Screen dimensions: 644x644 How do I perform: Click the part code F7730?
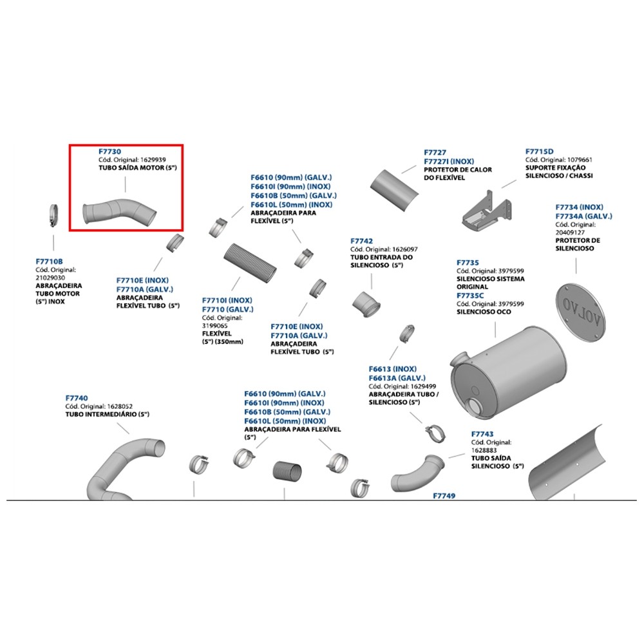click(x=109, y=151)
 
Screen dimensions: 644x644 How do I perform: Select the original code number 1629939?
click(x=153, y=160)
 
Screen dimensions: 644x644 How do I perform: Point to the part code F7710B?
click(x=50, y=261)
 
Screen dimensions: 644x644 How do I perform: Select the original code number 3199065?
click(x=215, y=326)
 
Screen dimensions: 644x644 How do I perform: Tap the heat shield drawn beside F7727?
click(x=394, y=191)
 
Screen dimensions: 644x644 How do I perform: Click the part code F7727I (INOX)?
click(x=449, y=162)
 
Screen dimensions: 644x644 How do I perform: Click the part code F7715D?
click(x=539, y=151)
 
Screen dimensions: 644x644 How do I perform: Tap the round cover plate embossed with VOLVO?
click(x=580, y=313)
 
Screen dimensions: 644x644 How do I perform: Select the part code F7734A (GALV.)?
click(x=583, y=216)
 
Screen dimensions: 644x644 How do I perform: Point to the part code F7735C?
click(x=470, y=296)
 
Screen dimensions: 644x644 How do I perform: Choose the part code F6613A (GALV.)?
click(x=397, y=378)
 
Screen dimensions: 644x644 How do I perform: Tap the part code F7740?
click(x=77, y=398)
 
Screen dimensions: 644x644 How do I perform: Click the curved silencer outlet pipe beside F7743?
click(x=417, y=473)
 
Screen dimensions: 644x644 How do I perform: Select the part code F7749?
click(x=444, y=496)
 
